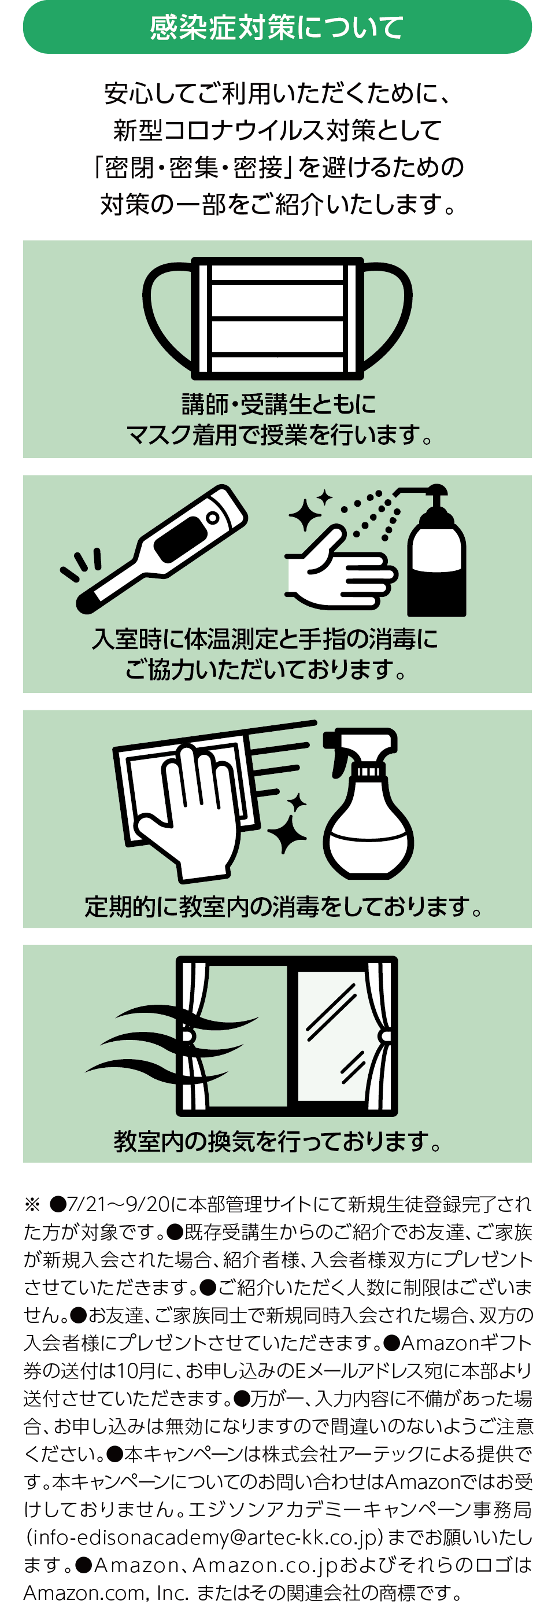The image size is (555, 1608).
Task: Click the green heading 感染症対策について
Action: [277, 27]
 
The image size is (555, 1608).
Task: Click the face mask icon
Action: [277, 318]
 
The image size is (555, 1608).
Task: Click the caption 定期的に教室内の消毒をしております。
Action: [283, 906]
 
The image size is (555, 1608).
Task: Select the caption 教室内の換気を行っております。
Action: [277, 1141]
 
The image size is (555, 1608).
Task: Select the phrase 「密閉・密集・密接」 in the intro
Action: [194, 167]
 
